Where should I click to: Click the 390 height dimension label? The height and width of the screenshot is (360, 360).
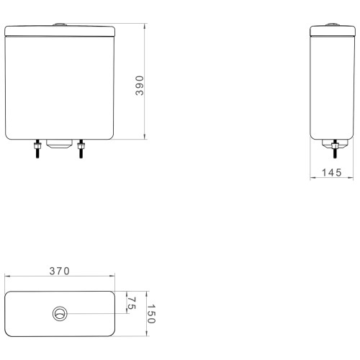click(140, 86)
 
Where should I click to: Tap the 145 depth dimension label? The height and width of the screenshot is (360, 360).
click(331, 173)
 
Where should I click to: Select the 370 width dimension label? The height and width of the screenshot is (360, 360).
click(60, 271)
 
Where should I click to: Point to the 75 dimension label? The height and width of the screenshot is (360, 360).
click(132, 303)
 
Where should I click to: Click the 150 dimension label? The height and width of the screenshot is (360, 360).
click(151, 314)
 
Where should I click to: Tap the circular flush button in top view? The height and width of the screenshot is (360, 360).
click(60, 314)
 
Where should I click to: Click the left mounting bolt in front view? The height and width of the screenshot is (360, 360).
click(37, 149)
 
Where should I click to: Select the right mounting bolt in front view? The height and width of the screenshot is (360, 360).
click(81, 149)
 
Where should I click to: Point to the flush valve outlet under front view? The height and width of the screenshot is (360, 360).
click(59, 143)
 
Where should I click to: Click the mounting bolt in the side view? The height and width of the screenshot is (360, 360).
click(335, 149)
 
